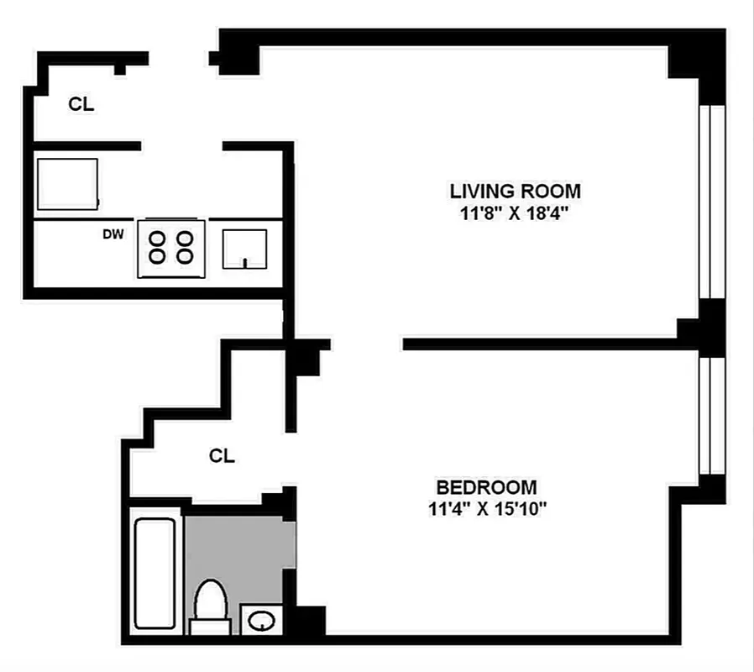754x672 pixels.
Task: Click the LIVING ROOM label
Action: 515,191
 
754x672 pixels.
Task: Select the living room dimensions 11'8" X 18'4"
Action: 515,213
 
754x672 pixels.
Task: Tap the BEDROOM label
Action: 486,487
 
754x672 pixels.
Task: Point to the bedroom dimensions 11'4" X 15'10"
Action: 486,508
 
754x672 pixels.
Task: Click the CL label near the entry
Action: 81,105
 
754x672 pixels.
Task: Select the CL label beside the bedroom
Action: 222,456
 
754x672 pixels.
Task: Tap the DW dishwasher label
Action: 113,234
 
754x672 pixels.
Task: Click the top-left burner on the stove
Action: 157,238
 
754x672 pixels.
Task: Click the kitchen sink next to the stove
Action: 244,248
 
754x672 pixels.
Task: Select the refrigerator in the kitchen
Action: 67,183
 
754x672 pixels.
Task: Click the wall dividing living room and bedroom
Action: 546,344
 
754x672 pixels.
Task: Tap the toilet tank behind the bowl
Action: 210,627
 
